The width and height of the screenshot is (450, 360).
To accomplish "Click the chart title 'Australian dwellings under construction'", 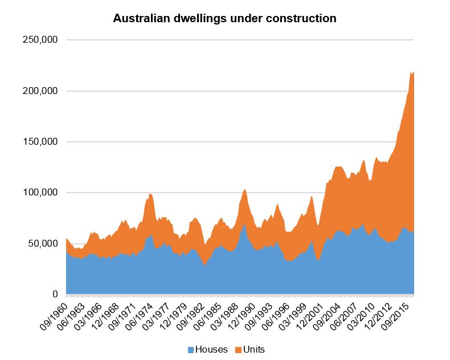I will pyautogui.click(x=224, y=19).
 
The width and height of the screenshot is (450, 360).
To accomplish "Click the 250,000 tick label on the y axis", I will pyautogui.click(x=40, y=40).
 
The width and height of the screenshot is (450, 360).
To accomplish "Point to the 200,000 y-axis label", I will pyautogui.click(x=40, y=91).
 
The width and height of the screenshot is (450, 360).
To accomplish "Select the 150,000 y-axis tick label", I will pyautogui.click(x=40, y=142).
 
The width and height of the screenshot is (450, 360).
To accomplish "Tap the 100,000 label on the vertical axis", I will pyautogui.click(x=40, y=193).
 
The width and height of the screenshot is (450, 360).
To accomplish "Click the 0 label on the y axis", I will pyautogui.click(x=55, y=294).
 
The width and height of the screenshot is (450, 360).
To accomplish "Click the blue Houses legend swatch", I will pyautogui.click(x=191, y=349).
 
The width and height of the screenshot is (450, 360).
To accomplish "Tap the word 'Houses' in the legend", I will pyautogui.click(x=211, y=349).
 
